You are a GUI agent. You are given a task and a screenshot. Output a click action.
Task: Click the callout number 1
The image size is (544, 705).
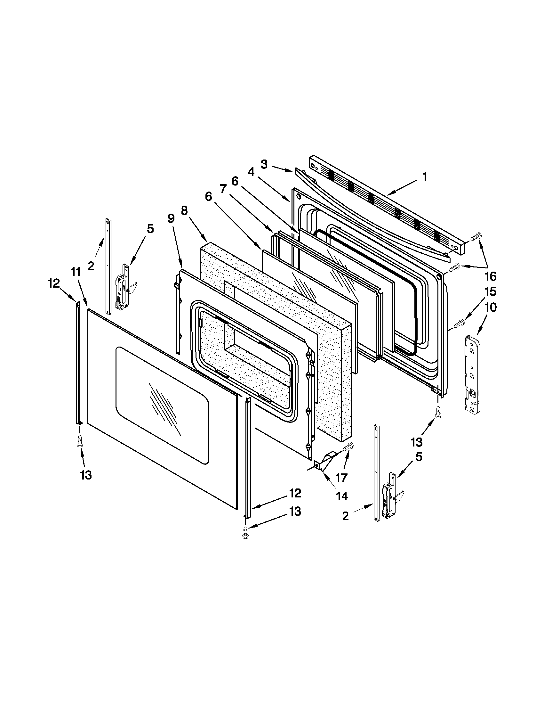pyautogui.click(x=425, y=177)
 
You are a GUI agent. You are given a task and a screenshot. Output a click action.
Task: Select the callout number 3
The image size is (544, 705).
pyautogui.click(x=264, y=165)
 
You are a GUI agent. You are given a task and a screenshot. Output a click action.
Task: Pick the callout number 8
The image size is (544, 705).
pyautogui.click(x=184, y=211)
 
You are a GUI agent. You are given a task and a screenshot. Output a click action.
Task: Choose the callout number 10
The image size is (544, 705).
pyautogui.click(x=491, y=307)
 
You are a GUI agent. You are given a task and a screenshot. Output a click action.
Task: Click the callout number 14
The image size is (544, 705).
pyautogui.click(x=342, y=496)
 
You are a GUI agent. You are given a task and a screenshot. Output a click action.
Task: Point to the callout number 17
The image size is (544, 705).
pyautogui.click(x=341, y=477)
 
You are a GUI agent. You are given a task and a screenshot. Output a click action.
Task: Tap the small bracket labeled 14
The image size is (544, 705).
pyautogui.click(x=324, y=461)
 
